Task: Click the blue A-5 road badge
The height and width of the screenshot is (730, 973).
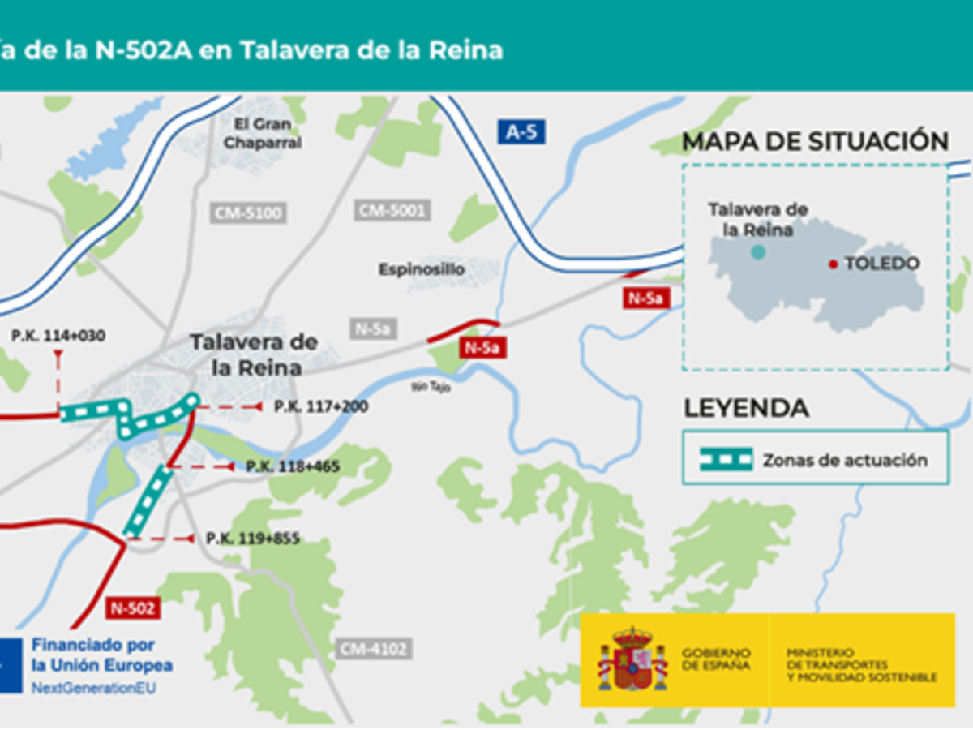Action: click(x=521, y=131)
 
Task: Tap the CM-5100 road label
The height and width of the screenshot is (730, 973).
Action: click(x=248, y=213)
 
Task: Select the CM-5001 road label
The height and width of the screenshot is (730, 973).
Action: click(x=392, y=211)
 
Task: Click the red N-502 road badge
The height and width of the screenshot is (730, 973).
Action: click(x=131, y=607)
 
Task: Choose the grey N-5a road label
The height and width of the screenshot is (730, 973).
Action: click(x=374, y=328)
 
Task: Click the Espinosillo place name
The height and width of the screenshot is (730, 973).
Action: click(x=422, y=269)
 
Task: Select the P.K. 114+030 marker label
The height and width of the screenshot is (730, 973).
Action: click(x=58, y=335)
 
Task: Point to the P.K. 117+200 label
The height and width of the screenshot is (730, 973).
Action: click(x=320, y=406)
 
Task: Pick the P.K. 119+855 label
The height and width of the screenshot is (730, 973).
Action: click(x=252, y=538)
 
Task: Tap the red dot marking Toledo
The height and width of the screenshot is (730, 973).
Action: click(x=832, y=264)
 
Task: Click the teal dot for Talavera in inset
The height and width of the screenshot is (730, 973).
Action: click(x=757, y=252)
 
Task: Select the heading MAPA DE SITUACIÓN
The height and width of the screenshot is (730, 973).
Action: click(x=815, y=141)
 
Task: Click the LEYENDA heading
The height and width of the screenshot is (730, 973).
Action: click(x=746, y=408)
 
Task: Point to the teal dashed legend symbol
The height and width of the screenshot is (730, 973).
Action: click(x=727, y=459)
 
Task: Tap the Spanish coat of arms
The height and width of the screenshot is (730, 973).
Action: click(x=632, y=659)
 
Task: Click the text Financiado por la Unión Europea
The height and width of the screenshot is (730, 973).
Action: click(x=101, y=655)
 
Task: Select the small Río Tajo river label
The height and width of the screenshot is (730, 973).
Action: click(x=431, y=388)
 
